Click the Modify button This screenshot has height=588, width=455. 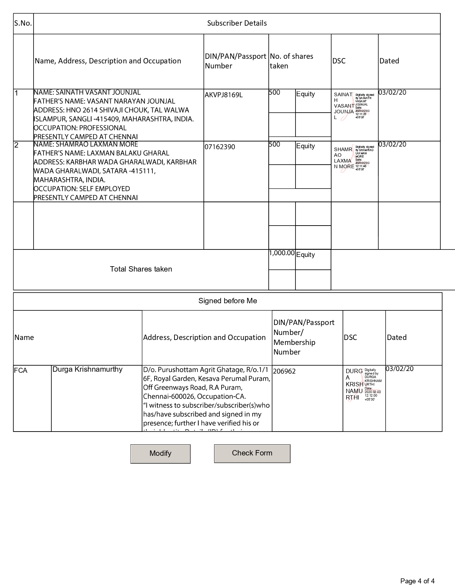click(x=160, y=454)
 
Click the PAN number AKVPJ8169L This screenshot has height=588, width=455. click(x=224, y=95)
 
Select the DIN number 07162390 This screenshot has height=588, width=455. click(x=220, y=147)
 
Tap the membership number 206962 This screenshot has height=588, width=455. click(x=284, y=371)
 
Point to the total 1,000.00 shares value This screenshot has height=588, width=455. click(x=282, y=253)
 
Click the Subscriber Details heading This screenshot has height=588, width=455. click(x=237, y=24)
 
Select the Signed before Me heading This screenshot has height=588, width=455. click(x=228, y=301)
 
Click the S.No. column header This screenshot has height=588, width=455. click(x=23, y=24)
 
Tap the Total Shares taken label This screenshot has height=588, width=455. click(x=141, y=269)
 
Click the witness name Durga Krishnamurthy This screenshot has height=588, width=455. click(x=87, y=370)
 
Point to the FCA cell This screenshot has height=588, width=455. click(x=21, y=371)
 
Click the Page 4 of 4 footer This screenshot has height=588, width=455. click(x=417, y=581)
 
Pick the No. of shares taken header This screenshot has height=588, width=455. click(x=292, y=61)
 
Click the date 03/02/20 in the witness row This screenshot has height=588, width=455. click(x=400, y=369)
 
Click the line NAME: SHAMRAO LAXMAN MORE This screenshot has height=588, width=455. click(x=86, y=144)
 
